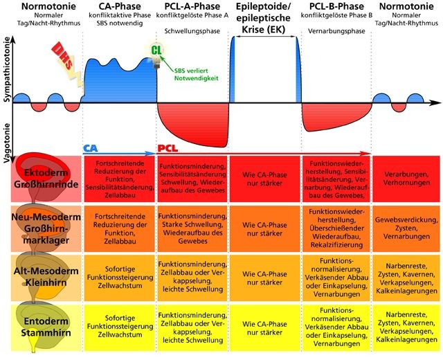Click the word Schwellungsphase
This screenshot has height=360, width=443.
[x=190, y=32]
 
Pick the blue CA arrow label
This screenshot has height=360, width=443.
[x=90, y=148]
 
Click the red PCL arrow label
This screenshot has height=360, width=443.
[x=167, y=148]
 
